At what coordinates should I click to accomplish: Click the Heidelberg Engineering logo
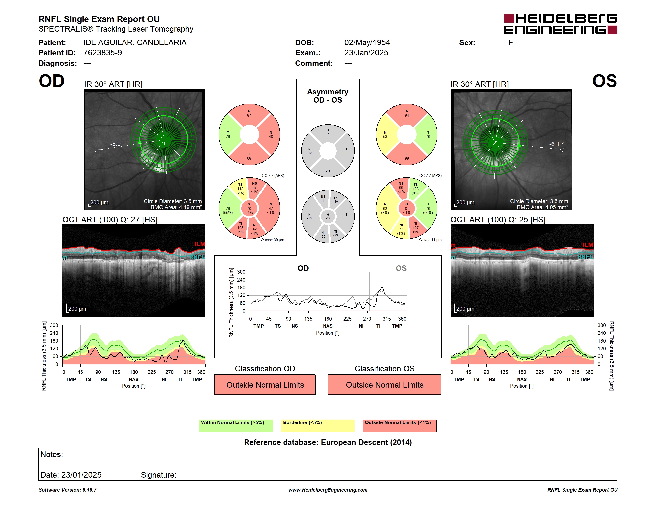pos(561,24)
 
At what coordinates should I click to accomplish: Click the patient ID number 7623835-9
pos(103,53)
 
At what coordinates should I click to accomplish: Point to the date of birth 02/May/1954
pos(367,43)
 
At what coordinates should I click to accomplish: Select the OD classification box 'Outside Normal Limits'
pos(265,384)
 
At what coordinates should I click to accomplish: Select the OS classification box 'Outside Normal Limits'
pos(384,384)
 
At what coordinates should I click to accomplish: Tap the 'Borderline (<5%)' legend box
pos(318,425)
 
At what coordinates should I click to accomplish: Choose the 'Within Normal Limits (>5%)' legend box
pos(236,425)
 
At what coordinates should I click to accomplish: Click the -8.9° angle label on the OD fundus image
pos(117,144)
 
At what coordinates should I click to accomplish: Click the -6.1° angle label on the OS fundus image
pos(557,144)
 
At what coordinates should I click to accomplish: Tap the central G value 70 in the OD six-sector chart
pos(249,209)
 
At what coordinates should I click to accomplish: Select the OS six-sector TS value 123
pos(416,189)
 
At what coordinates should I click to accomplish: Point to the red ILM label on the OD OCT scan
pos(200,244)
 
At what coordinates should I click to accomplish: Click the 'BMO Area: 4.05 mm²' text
pos(542,207)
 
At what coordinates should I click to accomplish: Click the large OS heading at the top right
pos(604,81)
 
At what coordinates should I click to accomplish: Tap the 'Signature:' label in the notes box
pos(159,475)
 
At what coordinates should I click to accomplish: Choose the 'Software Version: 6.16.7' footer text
pos(68,490)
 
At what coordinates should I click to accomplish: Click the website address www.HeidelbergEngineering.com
pos(328,490)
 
